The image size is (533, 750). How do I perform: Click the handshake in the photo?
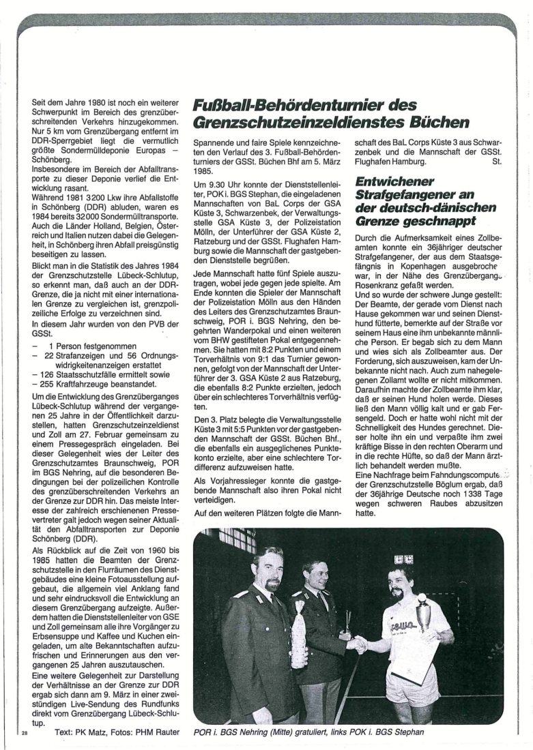point(357,643)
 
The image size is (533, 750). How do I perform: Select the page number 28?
point(25,733)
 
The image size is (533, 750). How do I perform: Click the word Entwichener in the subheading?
point(394,183)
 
